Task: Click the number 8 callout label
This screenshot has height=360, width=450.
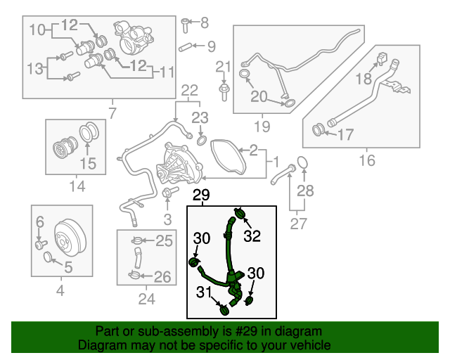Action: pyautogui.click(x=205, y=23)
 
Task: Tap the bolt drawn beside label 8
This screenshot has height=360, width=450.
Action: pyautogui.click(x=186, y=25)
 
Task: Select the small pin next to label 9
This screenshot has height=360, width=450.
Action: pyautogui.click(x=186, y=48)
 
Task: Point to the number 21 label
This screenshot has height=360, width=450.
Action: pyautogui.click(x=223, y=67)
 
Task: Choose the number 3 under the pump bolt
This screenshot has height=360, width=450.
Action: pyautogui.click(x=167, y=220)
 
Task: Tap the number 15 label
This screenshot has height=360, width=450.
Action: pyautogui.click(x=86, y=165)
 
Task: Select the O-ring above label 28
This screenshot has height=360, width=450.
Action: pyautogui.click(x=302, y=162)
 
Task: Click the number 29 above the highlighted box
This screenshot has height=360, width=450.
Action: pyautogui.click(x=201, y=195)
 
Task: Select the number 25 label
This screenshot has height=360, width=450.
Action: pyautogui.click(x=163, y=241)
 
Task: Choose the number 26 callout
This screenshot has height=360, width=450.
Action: pyautogui.click(x=162, y=277)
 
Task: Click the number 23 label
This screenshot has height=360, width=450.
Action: pyautogui.click(x=201, y=117)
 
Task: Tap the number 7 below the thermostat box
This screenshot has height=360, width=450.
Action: pyautogui.click(x=112, y=112)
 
